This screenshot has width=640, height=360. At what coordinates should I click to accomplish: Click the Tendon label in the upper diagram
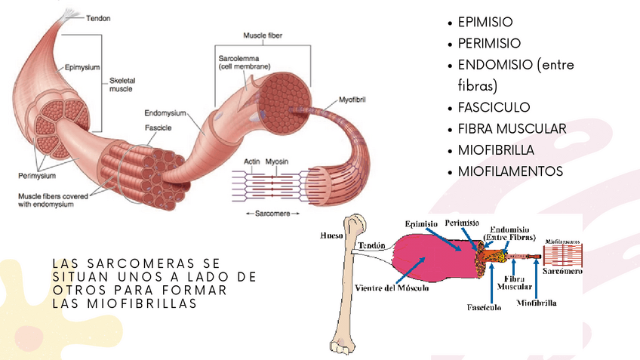[x=99, y=18]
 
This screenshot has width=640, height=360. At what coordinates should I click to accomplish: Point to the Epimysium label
[x=82, y=66]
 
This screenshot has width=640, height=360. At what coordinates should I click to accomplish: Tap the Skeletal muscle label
[x=121, y=84]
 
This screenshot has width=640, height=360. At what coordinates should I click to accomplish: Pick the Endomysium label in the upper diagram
[x=163, y=112]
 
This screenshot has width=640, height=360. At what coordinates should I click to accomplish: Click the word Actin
[x=252, y=161]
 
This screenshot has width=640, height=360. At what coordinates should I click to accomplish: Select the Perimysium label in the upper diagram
[x=37, y=176]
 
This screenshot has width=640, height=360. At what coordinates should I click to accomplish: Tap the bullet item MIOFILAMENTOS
[x=510, y=171]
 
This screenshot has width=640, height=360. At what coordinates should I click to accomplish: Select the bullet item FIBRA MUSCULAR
[x=512, y=128]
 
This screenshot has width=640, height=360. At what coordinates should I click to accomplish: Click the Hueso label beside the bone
[x=331, y=235]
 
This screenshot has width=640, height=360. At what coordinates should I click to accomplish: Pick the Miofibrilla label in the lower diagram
[x=537, y=303]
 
